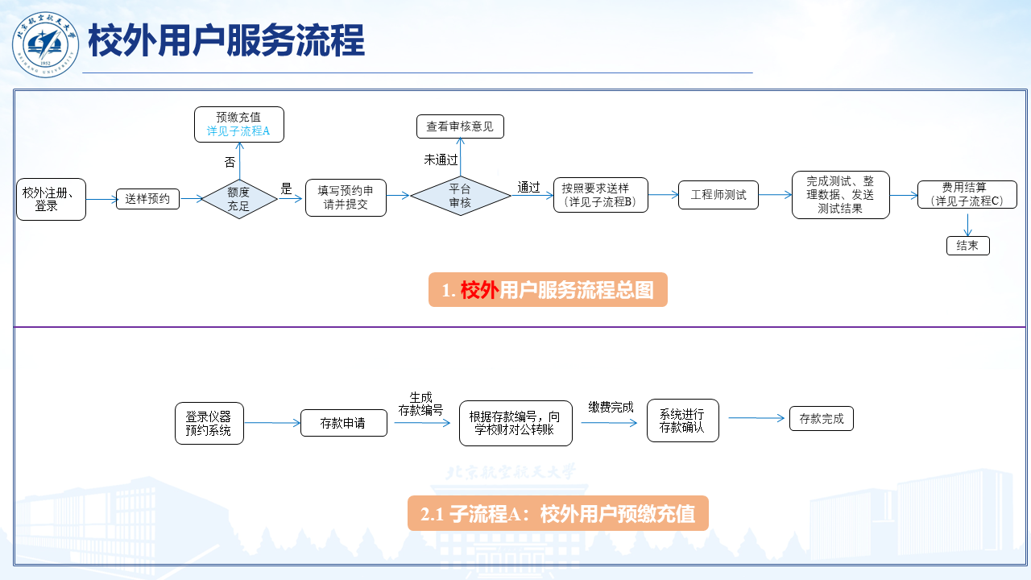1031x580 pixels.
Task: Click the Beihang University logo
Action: pyautogui.click(x=46, y=43)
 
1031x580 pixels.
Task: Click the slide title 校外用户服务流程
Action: pyautogui.click(x=226, y=40)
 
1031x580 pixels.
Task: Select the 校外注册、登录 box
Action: pyautogui.click(x=51, y=199)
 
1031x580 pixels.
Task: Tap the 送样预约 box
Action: pyautogui.click(x=147, y=198)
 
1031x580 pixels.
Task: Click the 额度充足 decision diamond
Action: pyautogui.click(x=238, y=199)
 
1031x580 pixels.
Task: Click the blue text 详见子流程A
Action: pyautogui.click(x=238, y=130)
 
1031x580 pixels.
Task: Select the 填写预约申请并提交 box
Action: pyautogui.click(x=346, y=198)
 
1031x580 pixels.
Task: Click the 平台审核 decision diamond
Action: pyautogui.click(x=460, y=197)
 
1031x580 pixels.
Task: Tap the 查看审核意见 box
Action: pyautogui.click(x=460, y=126)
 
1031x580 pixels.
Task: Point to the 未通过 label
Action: pyautogui.click(x=441, y=159)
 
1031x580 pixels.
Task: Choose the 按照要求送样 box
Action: pyautogui.click(x=600, y=195)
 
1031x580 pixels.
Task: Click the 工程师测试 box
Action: pyautogui.click(x=718, y=195)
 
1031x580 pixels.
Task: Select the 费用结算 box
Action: pyautogui.click(x=967, y=195)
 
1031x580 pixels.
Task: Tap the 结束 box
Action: pyautogui.click(x=967, y=246)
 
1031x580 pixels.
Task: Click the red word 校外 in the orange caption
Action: pyautogui.click(x=479, y=290)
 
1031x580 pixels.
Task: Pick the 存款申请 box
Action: pyautogui.click(x=343, y=423)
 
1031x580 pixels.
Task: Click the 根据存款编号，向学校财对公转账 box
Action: pyautogui.click(x=515, y=423)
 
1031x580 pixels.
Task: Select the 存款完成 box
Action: pyautogui.click(x=821, y=419)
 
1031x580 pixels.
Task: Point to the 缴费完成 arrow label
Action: pyautogui.click(x=611, y=407)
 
